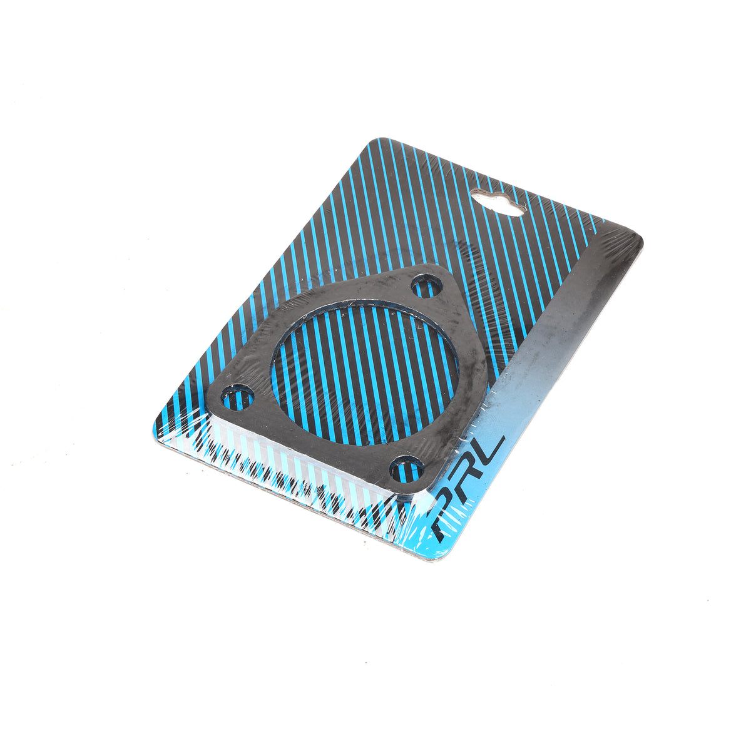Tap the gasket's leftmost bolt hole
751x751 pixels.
[x=237, y=397]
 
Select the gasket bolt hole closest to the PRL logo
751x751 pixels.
[x=407, y=469]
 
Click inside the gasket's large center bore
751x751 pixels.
[x=365, y=374]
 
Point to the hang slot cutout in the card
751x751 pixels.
[x=498, y=202]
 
